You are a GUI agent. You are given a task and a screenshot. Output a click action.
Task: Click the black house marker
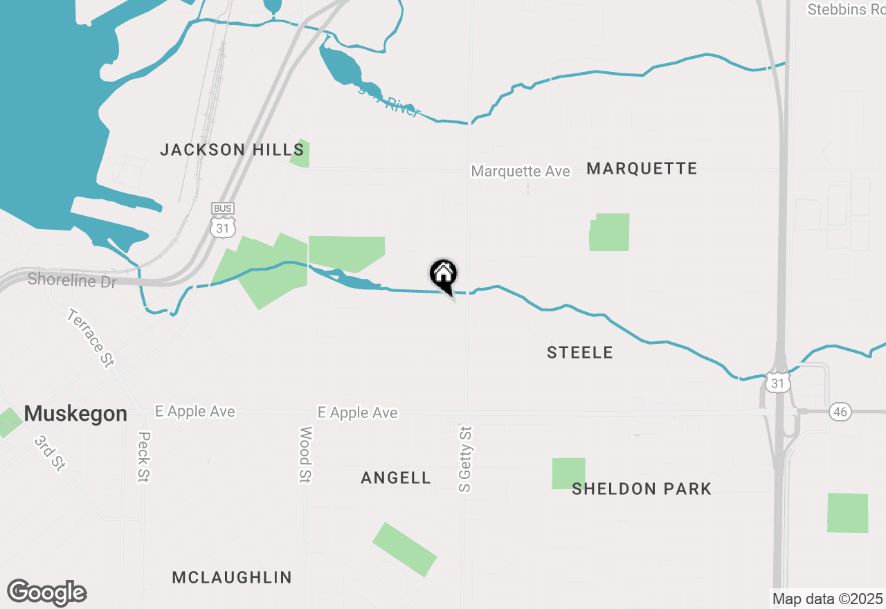point(443,275)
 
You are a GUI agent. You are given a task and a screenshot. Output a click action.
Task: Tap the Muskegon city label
point(75,414)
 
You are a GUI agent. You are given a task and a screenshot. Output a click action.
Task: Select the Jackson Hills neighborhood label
point(232,149)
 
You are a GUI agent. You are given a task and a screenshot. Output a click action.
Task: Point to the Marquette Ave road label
point(521,171)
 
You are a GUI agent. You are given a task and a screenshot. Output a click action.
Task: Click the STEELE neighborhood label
point(580,353)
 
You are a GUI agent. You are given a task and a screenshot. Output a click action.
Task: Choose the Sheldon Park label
point(642,489)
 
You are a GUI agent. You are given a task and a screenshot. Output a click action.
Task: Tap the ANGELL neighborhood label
point(396,478)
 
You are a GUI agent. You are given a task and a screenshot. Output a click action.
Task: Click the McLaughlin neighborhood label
point(232,577)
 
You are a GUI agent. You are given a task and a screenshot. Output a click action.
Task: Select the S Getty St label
point(465,459)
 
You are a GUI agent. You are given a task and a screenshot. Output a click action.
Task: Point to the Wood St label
point(305,454)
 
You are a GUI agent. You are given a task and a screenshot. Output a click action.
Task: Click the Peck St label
point(144,457)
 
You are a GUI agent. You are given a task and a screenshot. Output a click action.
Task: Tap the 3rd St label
point(49,454)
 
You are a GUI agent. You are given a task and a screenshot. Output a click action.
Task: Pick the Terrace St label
point(91,338)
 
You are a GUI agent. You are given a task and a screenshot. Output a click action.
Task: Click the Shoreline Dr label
point(72,280)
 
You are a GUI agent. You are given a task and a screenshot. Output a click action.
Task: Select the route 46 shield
point(840,412)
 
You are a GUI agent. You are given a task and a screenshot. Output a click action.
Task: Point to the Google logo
point(47,592)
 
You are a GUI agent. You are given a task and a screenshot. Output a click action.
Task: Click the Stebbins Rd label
point(847,9)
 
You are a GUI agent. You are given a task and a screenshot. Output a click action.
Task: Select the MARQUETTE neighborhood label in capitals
point(642,168)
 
